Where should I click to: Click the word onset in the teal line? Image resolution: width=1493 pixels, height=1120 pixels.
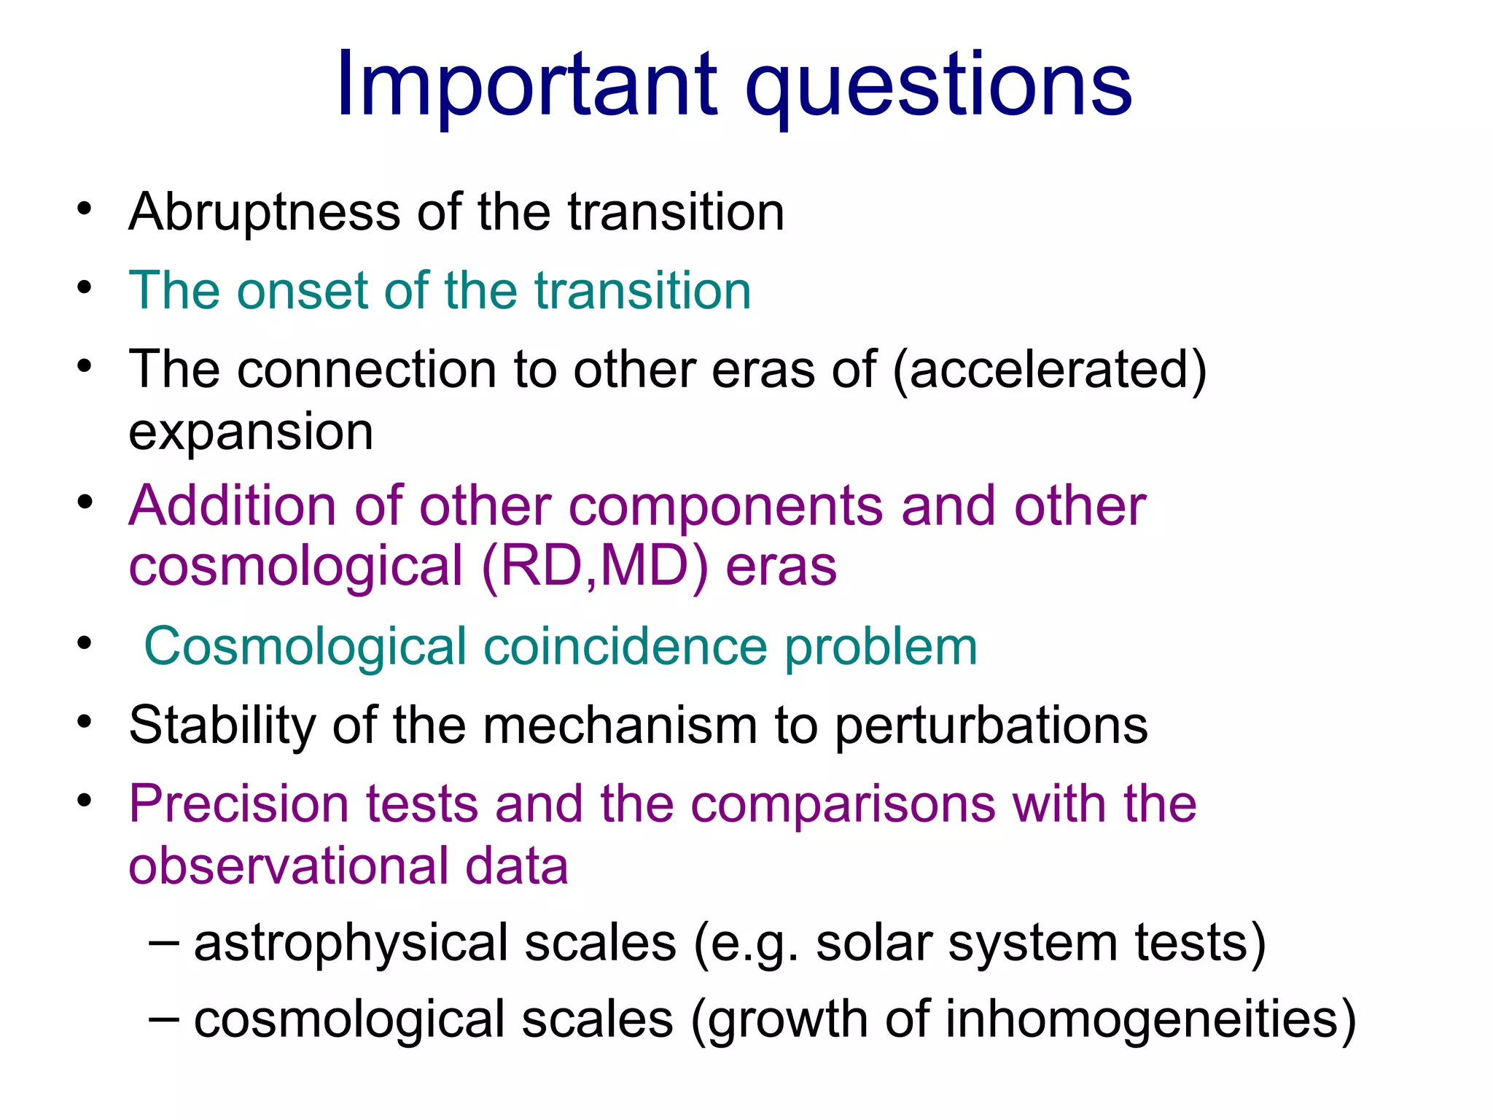click(x=302, y=291)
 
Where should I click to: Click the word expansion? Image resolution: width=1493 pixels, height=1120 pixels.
click(x=251, y=432)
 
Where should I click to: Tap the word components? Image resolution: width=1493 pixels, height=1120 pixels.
click(x=726, y=507)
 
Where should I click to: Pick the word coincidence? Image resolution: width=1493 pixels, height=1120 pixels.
click(x=625, y=647)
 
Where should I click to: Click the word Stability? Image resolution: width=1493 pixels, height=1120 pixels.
click(x=222, y=726)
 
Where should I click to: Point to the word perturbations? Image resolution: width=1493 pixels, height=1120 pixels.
click(x=991, y=727)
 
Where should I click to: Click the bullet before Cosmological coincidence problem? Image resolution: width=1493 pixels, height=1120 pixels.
click(x=85, y=644)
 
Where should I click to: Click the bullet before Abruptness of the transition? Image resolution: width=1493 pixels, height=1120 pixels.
click(x=85, y=209)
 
